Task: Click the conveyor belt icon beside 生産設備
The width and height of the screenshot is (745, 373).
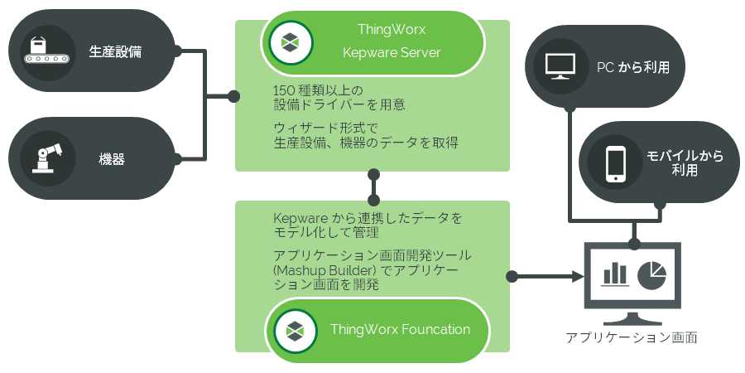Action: [x=38, y=51]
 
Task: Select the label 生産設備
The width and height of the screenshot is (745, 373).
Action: [x=115, y=51]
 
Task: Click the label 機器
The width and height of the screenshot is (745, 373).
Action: [x=112, y=159]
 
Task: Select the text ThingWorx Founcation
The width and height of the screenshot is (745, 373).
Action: [x=400, y=329]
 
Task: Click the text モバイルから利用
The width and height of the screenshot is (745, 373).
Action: [x=684, y=163]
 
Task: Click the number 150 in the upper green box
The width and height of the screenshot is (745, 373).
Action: [x=284, y=90]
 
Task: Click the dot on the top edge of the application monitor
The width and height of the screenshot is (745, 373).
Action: [x=633, y=243]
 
